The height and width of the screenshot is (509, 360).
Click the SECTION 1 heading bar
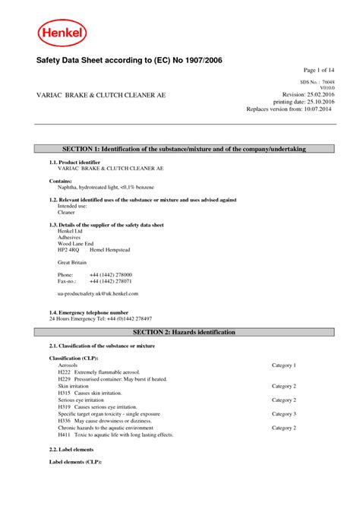179,150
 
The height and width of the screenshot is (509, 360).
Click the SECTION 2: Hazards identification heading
179,333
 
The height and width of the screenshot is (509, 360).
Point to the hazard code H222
64,372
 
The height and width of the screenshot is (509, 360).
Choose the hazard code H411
64,435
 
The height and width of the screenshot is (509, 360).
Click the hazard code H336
64,421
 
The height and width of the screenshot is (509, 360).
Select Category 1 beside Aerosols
284,365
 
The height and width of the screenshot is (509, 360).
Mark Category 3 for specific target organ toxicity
284,414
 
